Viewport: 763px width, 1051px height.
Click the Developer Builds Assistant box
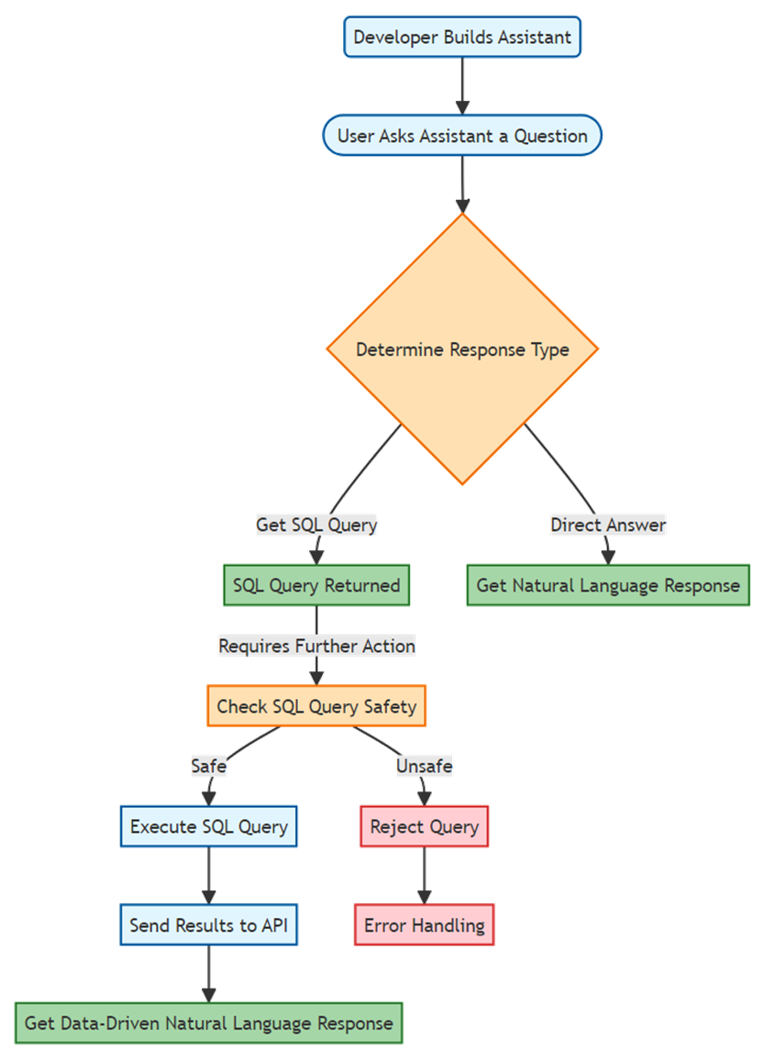[x=462, y=37]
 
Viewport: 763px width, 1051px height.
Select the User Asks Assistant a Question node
[x=462, y=136]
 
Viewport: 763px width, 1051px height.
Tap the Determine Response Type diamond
[x=462, y=348]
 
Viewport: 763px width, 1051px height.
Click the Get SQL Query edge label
[x=316, y=525]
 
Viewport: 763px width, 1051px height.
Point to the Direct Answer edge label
[x=608, y=525]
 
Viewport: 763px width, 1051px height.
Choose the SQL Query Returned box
[x=316, y=585]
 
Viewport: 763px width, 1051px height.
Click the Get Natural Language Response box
[x=608, y=585]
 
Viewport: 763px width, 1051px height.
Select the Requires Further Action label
[x=316, y=646]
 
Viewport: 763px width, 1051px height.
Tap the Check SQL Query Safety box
[x=316, y=706]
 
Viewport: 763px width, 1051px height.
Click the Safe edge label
[x=208, y=766]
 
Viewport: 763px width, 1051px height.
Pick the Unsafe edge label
[x=425, y=766]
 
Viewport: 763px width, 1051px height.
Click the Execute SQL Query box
[x=208, y=826]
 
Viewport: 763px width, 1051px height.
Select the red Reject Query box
[x=425, y=826]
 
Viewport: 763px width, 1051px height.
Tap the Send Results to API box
[x=208, y=925]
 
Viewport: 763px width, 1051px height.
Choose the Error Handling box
[x=425, y=925]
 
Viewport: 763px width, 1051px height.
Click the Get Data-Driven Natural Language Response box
[x=208, y=1023]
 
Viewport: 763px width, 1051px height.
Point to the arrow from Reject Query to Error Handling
[x=425, y=876]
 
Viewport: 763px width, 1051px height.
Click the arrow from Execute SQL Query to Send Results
[x=208, y=876]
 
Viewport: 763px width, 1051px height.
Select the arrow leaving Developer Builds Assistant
[x=462, y=86]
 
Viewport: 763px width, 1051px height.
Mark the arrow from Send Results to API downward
[x=208, y=974]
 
